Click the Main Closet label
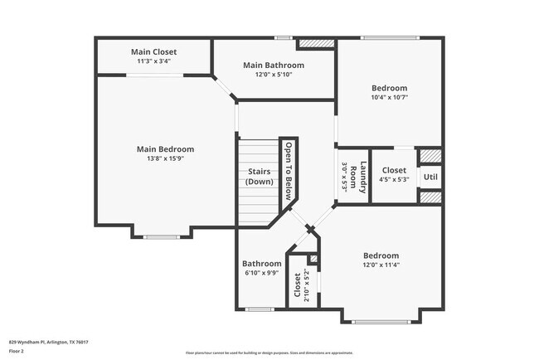click(x=153, y=51)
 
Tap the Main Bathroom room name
click(x=273, y=65)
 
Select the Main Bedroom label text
click(x=165, y=149)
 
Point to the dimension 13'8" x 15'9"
click(x=165, y=158)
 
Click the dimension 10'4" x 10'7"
click(x=389, y=97)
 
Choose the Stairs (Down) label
click(x=260, y=177)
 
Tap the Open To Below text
click(x=289, y=172)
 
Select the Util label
click(x=430, y=177)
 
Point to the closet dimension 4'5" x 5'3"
click(x=394, y=179)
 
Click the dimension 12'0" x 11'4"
click(x=381, y=265)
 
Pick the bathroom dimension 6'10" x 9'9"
click(x=261, y=273)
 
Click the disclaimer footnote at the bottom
click(x=270, y=353)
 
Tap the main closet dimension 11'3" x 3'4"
click(x=153, y=61)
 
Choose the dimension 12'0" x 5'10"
click(x=273, y=75)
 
